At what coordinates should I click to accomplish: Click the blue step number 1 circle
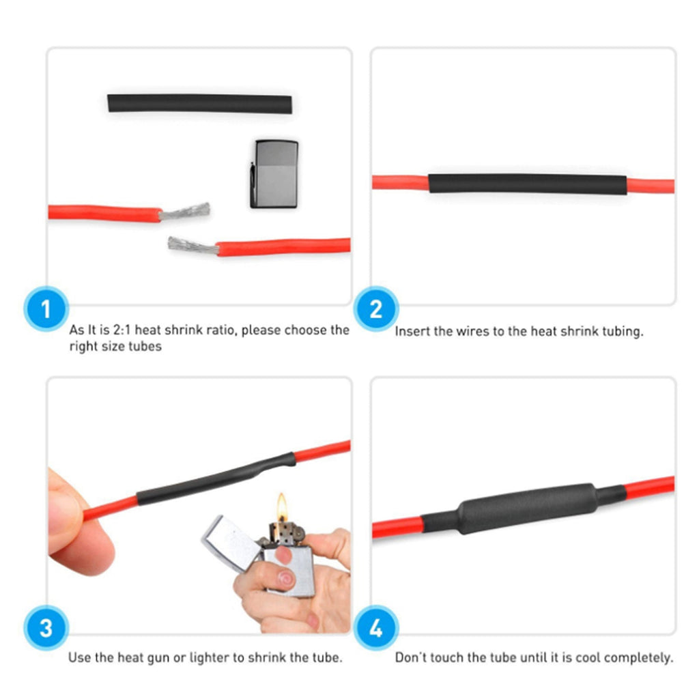[46, 309]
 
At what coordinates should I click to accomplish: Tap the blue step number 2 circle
[376, 309]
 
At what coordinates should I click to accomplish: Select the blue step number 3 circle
[46, 628]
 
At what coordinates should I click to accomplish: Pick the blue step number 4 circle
[376, 628]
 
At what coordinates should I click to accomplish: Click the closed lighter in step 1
[274, 174]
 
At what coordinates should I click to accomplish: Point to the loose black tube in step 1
[200, 104]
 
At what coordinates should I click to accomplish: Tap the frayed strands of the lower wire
[193, 246]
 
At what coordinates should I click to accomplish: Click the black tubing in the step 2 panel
[528, 184]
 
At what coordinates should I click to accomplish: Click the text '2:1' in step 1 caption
[122, 330]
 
